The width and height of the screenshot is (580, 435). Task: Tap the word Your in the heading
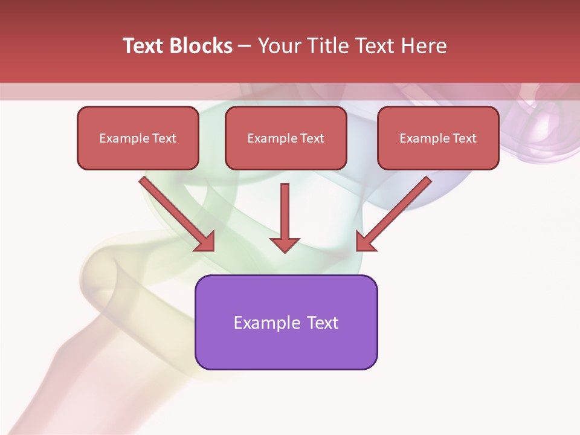pyautogui.click(x=279, y=46)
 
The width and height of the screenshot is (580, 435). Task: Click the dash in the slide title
pyautogui.click(x=245, y=47)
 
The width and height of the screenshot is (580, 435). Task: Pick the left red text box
pyautogui.click(x=138, y=138)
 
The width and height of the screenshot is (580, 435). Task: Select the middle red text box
pyautogui.click(x=286, y=138)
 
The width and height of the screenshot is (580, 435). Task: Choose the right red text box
pyautogui.click(x=438, y=138)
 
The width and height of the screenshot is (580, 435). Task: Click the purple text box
pyautogui.click(x=286, y=322)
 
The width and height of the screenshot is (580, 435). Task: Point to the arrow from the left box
pyautogui.click(x=175, y=212)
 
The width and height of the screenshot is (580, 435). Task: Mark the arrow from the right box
pyautogui.click(x=395, y=212)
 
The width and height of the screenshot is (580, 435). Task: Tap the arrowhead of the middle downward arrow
pyautogui.click(x=285, y=244)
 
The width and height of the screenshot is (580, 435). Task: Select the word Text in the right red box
pyautogui.click(x=464, y=138)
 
